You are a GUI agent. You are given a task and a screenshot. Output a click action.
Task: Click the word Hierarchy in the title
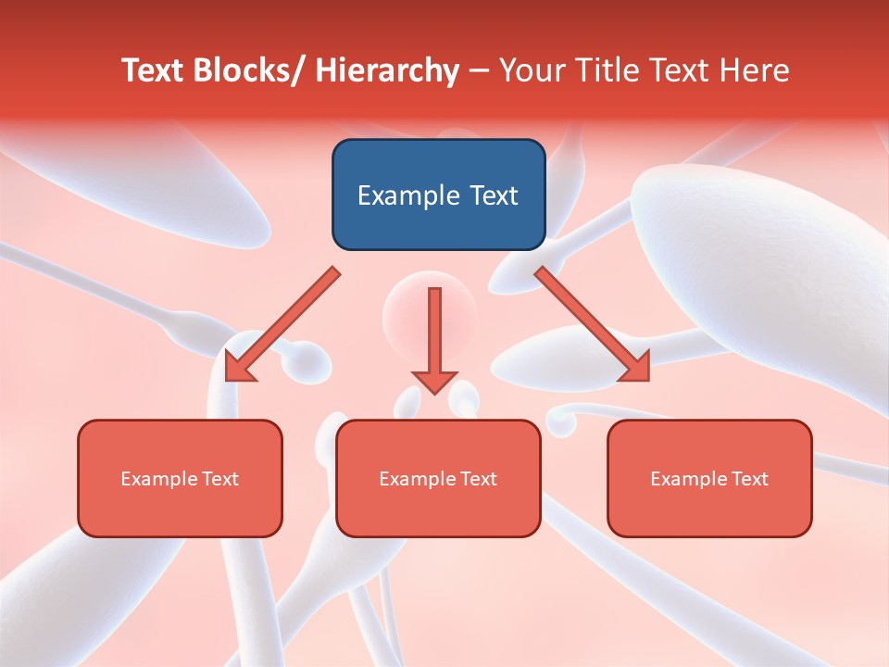[387, 70]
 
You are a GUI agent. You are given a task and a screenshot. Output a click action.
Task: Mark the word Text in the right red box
[748, 479]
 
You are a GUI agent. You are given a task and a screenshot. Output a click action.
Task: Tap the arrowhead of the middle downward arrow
[434, 381]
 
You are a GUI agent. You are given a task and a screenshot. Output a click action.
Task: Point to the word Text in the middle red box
[477, 479]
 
